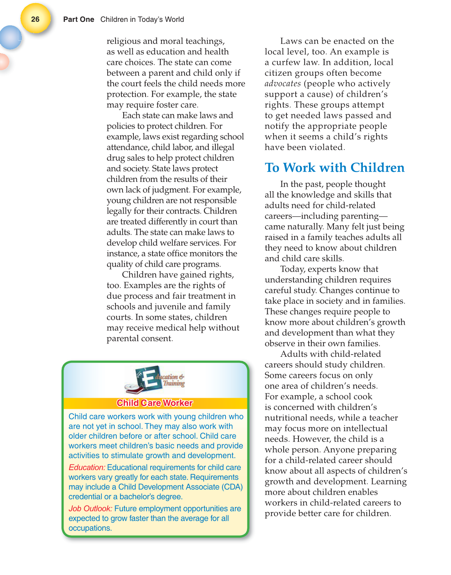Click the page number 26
(35, 19)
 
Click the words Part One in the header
(78, 20)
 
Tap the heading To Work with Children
(334, 167)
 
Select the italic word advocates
(282, 84)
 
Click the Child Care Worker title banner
(155, 403)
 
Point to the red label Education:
(87, 467)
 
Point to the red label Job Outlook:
(90, 508)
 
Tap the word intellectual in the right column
(363, 428)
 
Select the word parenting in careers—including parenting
(359, 216)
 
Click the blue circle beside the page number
(10, 37)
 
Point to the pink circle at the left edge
(3, 62)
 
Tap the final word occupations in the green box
(90, 528)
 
